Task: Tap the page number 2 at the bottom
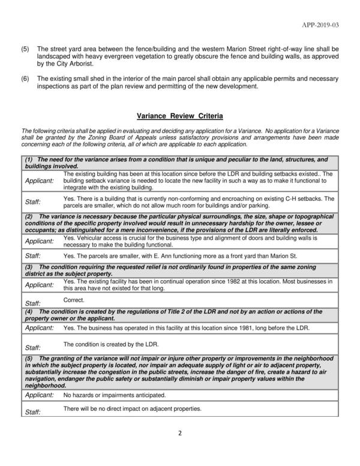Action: click(179, 434)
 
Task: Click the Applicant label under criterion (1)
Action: click(39, 181)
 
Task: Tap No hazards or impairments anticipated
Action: click(114, 395)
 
